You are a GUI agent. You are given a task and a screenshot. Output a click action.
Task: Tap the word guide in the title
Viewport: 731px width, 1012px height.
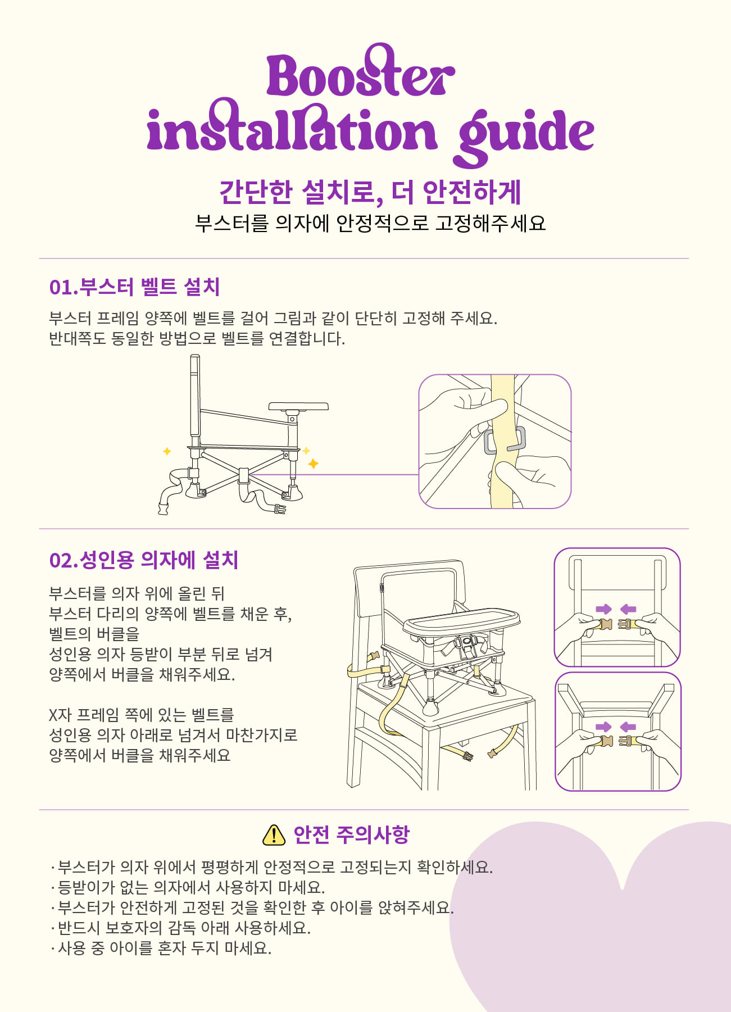pyautogui.click(x=526, y=135)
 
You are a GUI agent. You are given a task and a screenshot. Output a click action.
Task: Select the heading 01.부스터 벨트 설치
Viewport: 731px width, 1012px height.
pyautogui.click(x=134, y=287)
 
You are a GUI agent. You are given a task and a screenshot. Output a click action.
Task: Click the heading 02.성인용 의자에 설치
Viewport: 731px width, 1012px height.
pyautogui.click(x=144, y=560)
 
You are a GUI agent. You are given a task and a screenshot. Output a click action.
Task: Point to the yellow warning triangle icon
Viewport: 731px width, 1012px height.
pyautogui.click(x=274, y=835)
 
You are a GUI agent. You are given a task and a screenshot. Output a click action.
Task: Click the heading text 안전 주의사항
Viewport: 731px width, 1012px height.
pyautogui.click(x=352, y=835)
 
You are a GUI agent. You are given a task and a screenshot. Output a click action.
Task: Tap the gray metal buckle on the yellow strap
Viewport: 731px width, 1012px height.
pyautogui.click(x=505, y=440)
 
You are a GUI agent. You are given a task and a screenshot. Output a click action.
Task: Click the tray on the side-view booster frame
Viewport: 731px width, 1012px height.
pyautogui.click(x=298, y=406)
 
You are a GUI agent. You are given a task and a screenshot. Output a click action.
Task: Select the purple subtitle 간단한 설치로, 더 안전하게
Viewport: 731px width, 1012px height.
pyautogui.click(x=370, y=192)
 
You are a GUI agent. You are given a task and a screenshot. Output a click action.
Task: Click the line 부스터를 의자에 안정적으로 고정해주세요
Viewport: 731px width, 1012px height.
pyautogui.click(x=370, y=223)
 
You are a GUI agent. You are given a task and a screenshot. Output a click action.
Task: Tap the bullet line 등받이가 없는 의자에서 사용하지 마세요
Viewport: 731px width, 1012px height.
pyautogui.click(x=188, y=887)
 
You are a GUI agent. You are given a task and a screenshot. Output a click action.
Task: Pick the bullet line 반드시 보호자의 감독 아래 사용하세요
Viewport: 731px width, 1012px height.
pyautogui.click(x=181, y=928)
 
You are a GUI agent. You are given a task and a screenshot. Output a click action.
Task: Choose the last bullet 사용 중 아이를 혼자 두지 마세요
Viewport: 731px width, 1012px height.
pyautogui.click(x=161, y=948)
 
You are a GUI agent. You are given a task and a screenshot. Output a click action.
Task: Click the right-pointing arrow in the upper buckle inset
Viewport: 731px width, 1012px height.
pyautogui.click(x=603, y=609)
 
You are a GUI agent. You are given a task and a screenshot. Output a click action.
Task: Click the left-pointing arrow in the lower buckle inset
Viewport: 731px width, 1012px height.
pyautogui.click(x=628, y=727)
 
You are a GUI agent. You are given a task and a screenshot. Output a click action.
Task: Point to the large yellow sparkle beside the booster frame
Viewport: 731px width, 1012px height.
pyautogui.click(x=313, y=464)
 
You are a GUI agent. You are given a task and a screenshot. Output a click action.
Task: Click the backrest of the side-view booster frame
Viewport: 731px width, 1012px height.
pyautogui.click(x=195, y=396)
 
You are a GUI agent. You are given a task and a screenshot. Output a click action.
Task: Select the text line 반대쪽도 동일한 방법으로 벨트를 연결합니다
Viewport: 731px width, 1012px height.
pyautogui.click(x=197, y=339)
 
